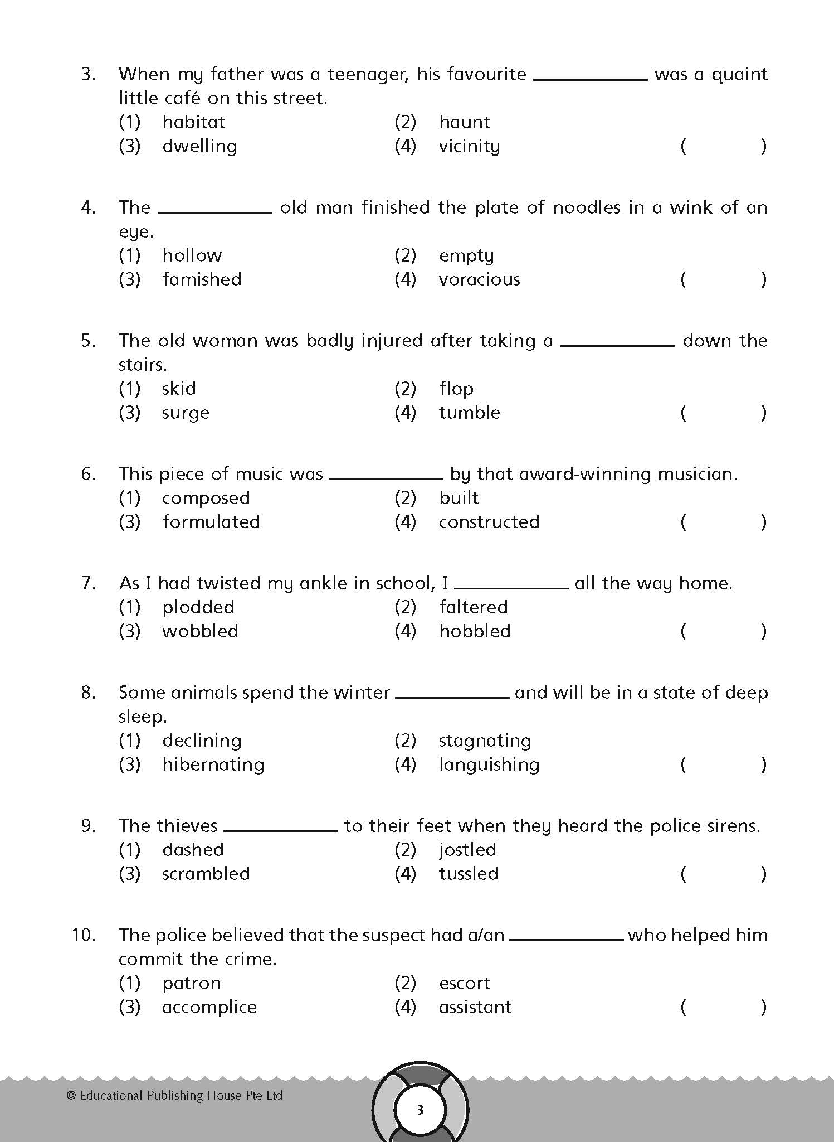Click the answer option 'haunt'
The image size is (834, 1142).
[464, 122]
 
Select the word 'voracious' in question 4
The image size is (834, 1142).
[479, 279]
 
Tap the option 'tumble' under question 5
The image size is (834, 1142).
[469, 413]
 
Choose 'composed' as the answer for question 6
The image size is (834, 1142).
[206, 498]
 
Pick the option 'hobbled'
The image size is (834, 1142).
[475, 631]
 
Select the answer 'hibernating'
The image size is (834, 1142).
[213, 764]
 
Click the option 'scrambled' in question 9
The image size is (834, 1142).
[206, 874]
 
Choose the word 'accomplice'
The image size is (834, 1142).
[209, 1007]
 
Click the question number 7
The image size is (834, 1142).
[89, 583]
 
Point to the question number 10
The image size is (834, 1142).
[84, 935]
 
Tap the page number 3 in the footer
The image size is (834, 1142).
[420, 1110]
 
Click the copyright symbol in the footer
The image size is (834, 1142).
[71, 1096]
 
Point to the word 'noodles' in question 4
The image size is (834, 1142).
[586, 207]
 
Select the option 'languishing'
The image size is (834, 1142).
[489, 764]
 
